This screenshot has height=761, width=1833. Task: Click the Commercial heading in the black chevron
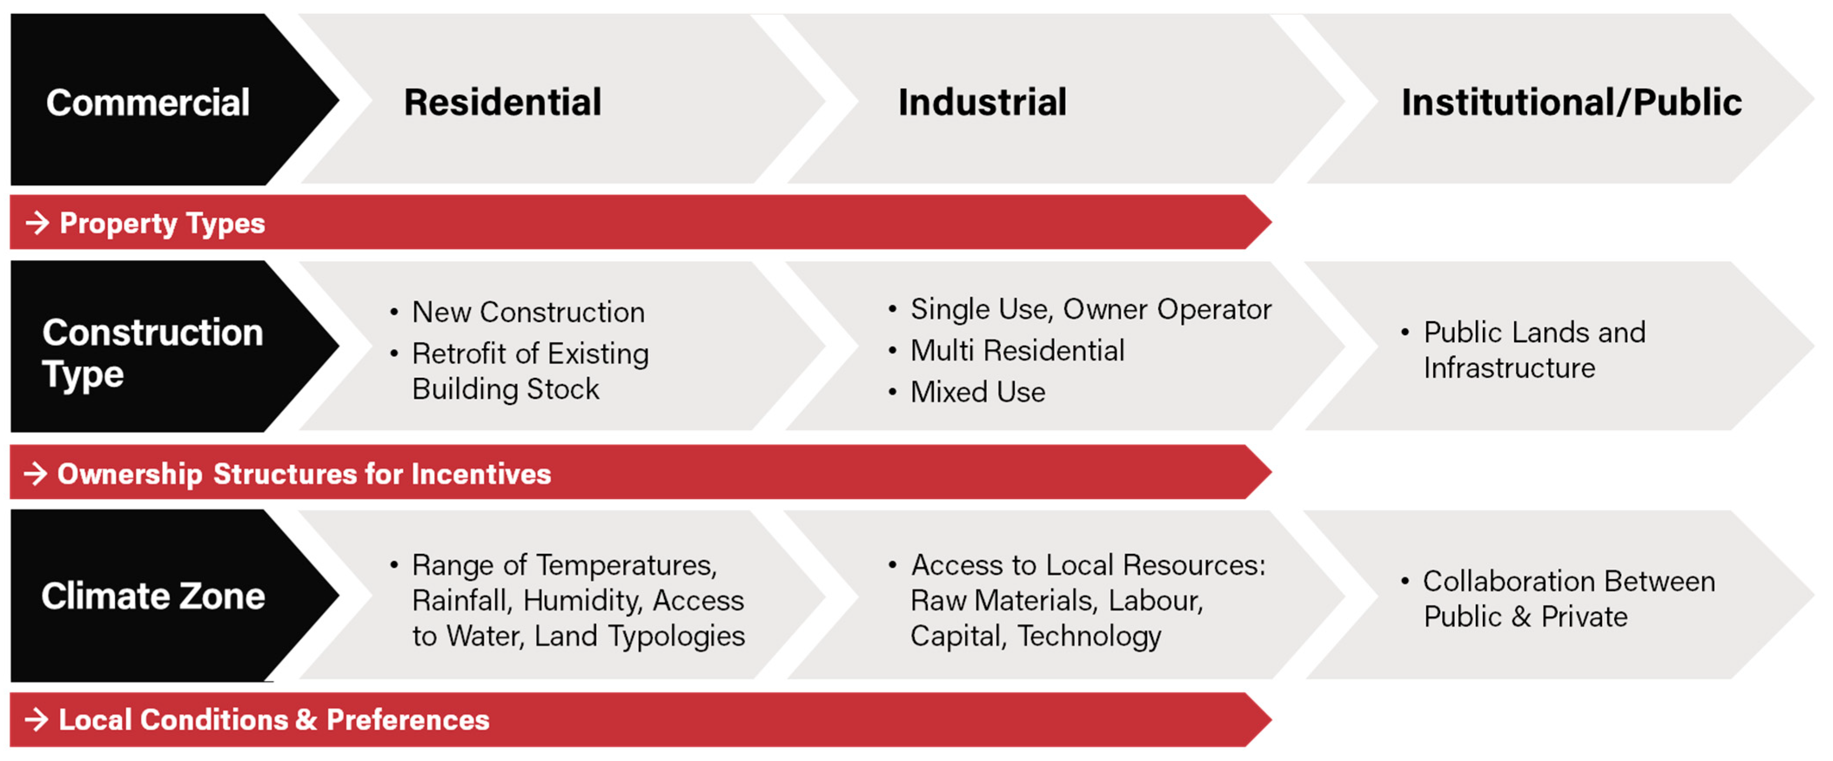[x=148, y=102]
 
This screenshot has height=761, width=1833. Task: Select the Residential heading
[x=502, y=102]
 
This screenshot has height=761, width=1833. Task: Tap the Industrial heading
[x=982, y=102]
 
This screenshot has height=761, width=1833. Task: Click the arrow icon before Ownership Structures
[x=36, y=473]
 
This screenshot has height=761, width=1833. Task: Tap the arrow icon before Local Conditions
[x=36, y=720]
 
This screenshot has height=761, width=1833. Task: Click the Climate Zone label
[x=153, y=596]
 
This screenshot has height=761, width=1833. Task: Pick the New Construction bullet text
[x=528, y=312]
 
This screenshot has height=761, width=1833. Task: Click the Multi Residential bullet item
[x=1017, y=350]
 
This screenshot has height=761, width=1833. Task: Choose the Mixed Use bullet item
[x=978, y=391]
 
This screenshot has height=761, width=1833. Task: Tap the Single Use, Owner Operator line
[x=1091, y=309]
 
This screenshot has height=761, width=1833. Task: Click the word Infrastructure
[x=1509, y=368]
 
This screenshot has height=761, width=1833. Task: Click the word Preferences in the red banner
[x=408, y=720]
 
